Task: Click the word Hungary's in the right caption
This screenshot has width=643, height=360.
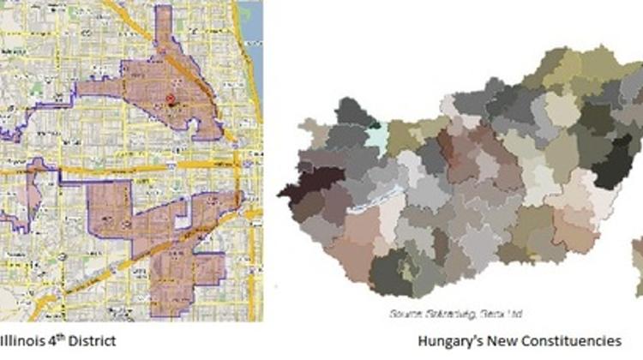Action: coord(452,340)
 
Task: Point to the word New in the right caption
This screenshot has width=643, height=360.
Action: coord(505,340)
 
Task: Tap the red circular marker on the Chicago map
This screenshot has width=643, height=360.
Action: coord(170,99)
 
